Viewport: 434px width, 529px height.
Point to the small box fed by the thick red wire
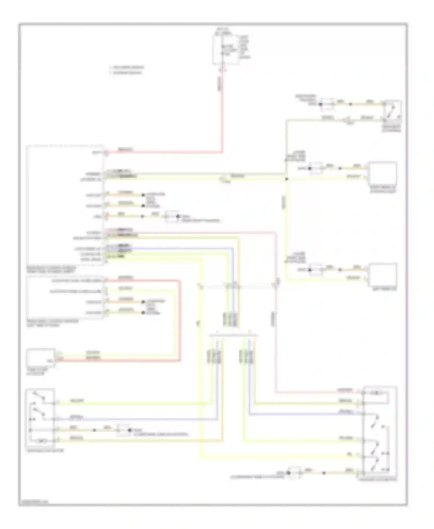tap(41, 358)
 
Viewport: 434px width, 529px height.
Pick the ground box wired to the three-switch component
tap(295, 473)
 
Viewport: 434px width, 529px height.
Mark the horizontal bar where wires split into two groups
tap(233, 336)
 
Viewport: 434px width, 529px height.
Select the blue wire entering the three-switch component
tap(304, 414)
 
